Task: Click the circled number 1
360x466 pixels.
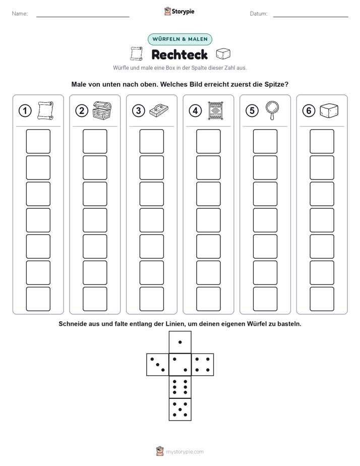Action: (25, 111)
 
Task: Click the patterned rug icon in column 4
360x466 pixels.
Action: (216, 111)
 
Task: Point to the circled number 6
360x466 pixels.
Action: (309, 111)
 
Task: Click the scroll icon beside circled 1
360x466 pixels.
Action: (45, 110)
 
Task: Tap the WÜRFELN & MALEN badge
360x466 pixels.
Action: (180, 39)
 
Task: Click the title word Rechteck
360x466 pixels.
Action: (179, 54)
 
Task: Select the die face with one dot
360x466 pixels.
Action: (180, 342)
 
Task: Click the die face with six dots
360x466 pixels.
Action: (180, 387)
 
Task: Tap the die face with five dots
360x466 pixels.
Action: (180, 410)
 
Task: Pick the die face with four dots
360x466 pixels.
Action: (203, 365)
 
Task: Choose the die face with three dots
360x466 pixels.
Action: (158, 365)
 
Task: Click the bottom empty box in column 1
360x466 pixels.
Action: (38, 299)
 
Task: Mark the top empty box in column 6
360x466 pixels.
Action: (322, 141)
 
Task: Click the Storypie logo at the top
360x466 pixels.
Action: (179, 11)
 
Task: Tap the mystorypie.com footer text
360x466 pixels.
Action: (185, 452)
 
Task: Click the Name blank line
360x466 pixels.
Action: (83, 17)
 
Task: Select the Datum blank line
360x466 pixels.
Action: (311, 17)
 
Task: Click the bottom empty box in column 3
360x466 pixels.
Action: (151, 299)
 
